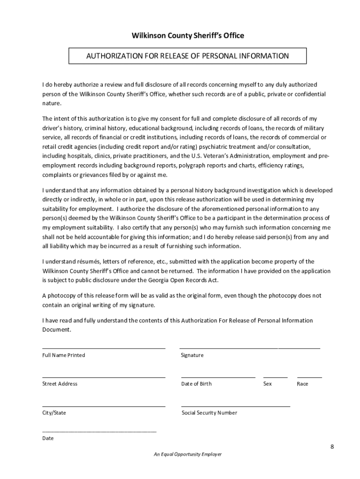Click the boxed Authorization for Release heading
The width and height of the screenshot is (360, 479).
point(187,56)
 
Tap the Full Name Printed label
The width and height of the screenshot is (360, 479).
point(64,355)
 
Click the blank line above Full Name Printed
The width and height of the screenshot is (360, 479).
point(103,348)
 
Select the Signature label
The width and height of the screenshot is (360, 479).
point(192,355)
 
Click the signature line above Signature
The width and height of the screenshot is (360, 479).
point(250,348)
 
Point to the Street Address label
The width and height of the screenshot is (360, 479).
point(60,384)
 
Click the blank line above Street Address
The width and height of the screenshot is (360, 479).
point(103,377)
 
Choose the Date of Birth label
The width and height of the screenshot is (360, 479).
point(196,384)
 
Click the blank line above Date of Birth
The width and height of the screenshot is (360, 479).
point(218,377)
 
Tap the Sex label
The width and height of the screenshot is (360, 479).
point(267,384)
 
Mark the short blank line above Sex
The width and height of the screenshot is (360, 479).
point(275,377)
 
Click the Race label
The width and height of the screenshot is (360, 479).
point(302,384)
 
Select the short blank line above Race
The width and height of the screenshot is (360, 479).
point(310,377)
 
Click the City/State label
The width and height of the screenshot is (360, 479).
point(54,413)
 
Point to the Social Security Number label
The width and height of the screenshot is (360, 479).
point(209,413)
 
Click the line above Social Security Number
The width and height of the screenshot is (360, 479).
point(236,406)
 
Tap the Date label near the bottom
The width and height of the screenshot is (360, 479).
point(48,438)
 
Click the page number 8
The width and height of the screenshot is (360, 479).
point(332,446)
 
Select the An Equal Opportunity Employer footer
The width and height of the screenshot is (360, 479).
point(187,454)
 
